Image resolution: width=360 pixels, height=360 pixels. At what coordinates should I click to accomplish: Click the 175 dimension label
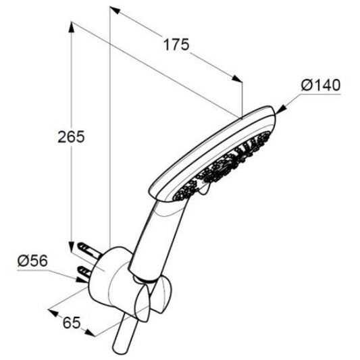pyautogui.click(x=176, y=45)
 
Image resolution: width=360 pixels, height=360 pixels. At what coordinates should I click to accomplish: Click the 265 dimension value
pyautogui.click(x=71, y=137)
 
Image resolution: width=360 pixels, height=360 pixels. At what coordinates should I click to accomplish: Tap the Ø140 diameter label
pyautogui.click(x=321, y=85)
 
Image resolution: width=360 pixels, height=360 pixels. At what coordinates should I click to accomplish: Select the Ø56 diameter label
pyautogui.click(x=32, y=261)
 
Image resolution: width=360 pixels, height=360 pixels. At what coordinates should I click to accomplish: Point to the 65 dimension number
pyautogui.click(x=72, y=323)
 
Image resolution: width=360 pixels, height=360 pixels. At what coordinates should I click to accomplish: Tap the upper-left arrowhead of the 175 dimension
pyautogui.click(x=115, y=10)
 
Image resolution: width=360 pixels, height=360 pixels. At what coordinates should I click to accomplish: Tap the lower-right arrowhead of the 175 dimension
pyautogui.click(x=237, y=79)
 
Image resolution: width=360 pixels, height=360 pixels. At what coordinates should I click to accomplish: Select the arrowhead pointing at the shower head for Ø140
pyautogui.click(x=281, y=109)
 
